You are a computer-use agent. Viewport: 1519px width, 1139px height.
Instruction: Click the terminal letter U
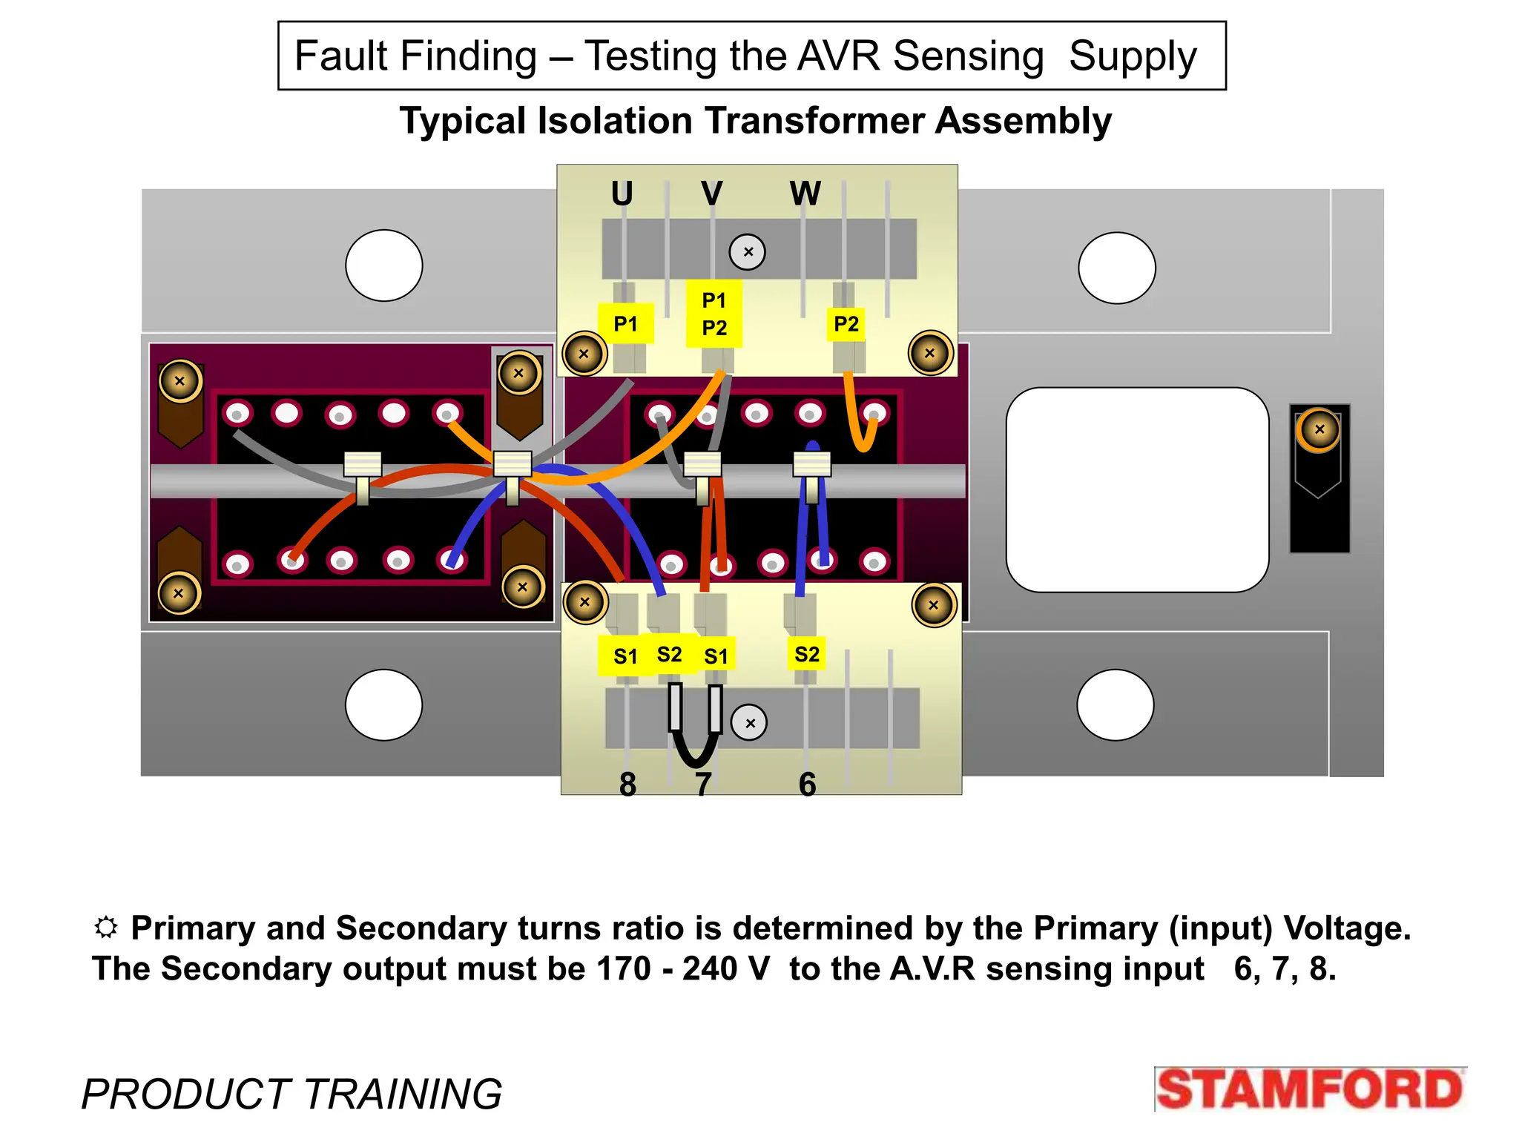click(x=622, y=194)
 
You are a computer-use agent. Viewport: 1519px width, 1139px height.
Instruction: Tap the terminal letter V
click(x=711, y=194)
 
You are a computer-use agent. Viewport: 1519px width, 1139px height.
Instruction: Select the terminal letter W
click(x=805, y=194)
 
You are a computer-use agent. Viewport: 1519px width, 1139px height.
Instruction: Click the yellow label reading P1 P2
click(x=714, y=314)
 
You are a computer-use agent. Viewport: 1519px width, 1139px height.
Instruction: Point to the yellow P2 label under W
click(x=846, y=324)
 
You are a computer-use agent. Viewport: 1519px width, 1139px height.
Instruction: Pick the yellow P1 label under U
click(x=625, y=323)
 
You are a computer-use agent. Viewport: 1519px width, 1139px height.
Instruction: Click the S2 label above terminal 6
click(x=806, y=654)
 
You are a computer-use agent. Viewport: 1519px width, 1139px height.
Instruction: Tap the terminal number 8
click(x=627, y=784)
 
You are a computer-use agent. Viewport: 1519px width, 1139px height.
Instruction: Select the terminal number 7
click(x=703, y=784)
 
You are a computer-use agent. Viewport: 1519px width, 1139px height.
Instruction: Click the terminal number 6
click(x=807, y=784)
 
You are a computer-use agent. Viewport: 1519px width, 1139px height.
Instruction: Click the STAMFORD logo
click(x=1309, y=1090)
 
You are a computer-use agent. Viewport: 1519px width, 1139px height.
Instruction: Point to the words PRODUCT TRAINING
click(x=291, y=1094)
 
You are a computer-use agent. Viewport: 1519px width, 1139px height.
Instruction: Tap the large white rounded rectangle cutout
click(x=1136, y=489)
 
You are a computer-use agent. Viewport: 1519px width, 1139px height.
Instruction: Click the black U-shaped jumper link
click(x=695, y=730)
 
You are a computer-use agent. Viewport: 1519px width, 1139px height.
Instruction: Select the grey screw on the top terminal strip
click(x=748, y=252)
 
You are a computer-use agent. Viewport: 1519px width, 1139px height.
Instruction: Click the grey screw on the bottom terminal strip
click(x=749, y=722)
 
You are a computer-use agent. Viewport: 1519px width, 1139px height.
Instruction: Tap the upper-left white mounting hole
click(x=383, y=265)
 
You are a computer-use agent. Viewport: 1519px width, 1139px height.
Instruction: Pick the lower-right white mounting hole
click(x=1115, y=704)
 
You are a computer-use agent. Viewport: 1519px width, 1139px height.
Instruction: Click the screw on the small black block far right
click(x=1319, y=429)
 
